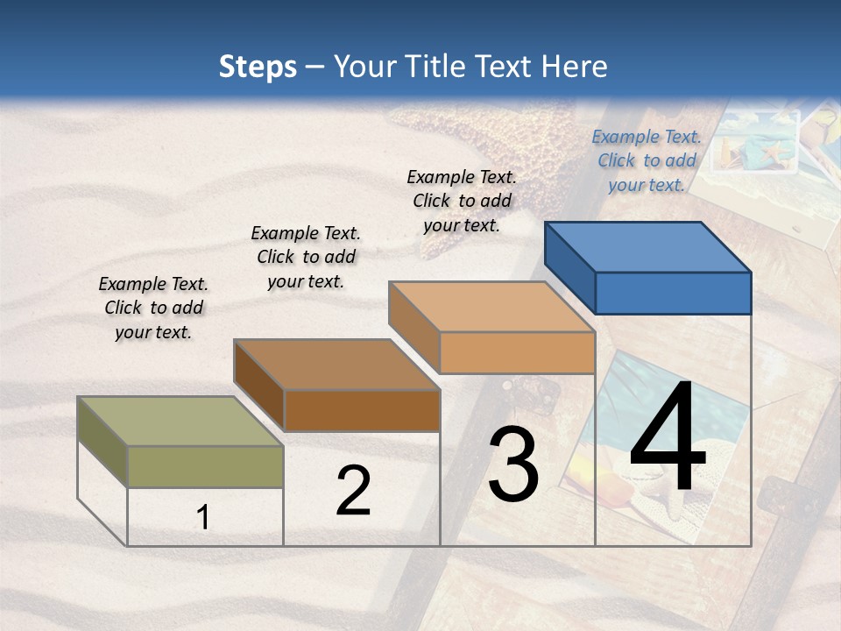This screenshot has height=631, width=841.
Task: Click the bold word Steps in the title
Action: click(x=258, y=67)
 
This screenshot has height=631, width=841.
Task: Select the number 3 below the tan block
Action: click(x=513, y=464)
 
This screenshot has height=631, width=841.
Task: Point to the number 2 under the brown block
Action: click(x=353, y=491)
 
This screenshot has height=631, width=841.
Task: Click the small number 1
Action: click(x=203, y=517)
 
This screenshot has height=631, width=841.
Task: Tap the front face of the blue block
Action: click(x=673, y=293)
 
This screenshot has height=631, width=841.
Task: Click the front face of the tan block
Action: click(x=517, y=352)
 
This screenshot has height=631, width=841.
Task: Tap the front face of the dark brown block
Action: click(x=361, y=410)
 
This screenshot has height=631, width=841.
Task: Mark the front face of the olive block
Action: click(x=205, y=466)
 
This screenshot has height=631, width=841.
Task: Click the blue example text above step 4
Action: click(x=647, y=160)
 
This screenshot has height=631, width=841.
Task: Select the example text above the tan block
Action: click(x=462, y=201)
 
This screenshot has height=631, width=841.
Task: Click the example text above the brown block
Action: click(x=306, y=257)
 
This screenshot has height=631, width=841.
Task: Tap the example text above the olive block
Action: click(x=153, y=308)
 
